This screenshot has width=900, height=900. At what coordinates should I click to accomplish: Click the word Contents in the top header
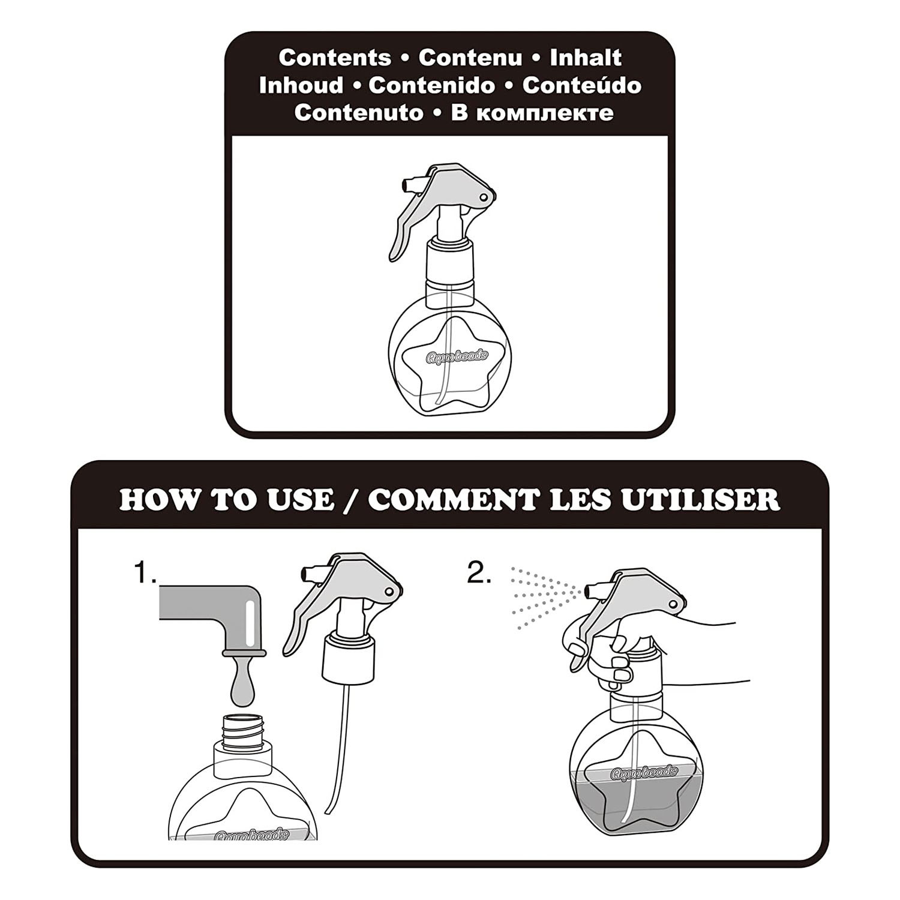[x=335, y=58]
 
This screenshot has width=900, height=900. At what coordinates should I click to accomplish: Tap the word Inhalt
[x=586, y=58]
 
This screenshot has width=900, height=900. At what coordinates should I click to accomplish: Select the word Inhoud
[x=301, y=86]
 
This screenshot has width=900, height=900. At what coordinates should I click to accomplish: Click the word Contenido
[x=432, y=86]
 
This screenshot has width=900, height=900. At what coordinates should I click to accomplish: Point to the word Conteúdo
[x=581, y=86]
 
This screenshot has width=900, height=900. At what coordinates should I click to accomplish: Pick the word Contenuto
[x=359, y=113]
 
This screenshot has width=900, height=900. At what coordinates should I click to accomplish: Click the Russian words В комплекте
[x=532, y=113]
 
